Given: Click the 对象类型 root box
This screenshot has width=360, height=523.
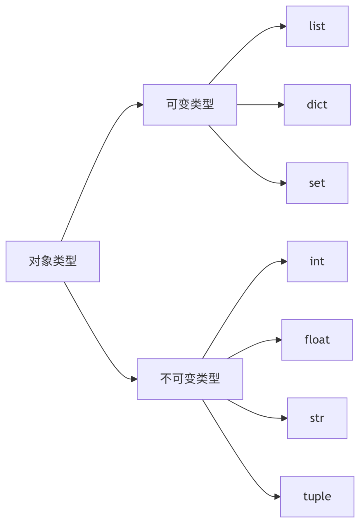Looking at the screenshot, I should pyautogui.click(x=53, y=261).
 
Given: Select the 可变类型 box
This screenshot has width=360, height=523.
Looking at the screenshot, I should pyautogui.click(x=190, y=105).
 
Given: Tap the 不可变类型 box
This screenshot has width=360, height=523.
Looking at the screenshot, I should pyautogui.click(x=190, y=379).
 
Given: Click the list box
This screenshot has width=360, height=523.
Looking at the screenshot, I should pyautogui.click(x=317, y=26).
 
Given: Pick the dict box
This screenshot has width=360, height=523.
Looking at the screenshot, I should pyautogui.click(x=317, y=105).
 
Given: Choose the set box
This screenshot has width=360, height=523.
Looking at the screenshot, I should pyautogui.click(x=317, y=183).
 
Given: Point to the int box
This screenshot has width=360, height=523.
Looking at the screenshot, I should pyautogui.click(x=317, y=261).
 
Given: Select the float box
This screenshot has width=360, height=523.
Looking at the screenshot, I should pyautogui.click(x=317, y=340).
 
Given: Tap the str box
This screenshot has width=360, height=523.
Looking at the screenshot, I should pyautogui.click(x=317, y=418).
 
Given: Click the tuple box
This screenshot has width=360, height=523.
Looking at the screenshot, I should pyautogui.click(x=317, y=496).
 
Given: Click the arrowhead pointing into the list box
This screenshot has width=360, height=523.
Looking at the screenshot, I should pyautogui.click(x=283, y=26).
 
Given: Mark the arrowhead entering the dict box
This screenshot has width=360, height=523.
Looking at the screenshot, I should pyautogui.click(x=281, y=105).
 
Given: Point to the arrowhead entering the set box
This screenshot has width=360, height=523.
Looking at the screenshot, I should pyautogui.click(x=283, y=183).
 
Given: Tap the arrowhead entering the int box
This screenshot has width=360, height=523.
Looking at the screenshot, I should pyautogui.click(x=284, y=261).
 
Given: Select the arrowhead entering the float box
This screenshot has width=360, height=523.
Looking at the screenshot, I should pyautogui.click(x=279, y=340).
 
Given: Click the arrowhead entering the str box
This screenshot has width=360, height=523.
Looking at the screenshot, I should pyautogui.click(x=284, y=418).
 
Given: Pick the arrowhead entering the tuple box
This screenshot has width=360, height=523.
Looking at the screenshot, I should pyautogui.click(x=277, y=496).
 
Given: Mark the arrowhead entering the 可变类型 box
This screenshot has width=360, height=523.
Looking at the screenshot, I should pyautogui.click(x=140, y=105).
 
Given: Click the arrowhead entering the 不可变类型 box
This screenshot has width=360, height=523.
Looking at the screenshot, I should pyautogui.click(x=134, y=379).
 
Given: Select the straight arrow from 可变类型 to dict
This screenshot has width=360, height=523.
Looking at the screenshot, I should pyautogui.click(x=258, y=105).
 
